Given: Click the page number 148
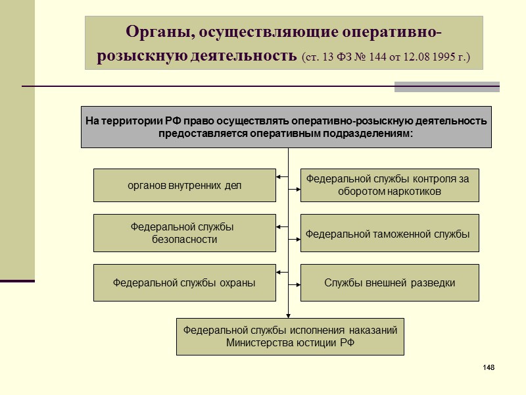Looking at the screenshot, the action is pyautogui.click(x=488, y=366).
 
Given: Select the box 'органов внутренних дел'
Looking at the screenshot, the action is pyautogui.click(x=185, y=185).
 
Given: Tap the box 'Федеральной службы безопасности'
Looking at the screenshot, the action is pyautogui.click(x=185, y=233).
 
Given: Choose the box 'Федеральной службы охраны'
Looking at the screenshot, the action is pyautogui.click(x=185, y=282).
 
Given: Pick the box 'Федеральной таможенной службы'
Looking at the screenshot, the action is pyautogui.click(x=389, y=233).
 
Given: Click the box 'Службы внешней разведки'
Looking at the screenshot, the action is pyautogui.click(x=389, y=282).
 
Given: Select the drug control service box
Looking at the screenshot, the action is pyautogui.click(x=389, y=185).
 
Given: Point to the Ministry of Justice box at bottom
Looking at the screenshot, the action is pyautogui.click(x=290, y=336).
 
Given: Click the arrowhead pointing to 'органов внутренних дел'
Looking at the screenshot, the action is pyautogui.click(x=279, y=176).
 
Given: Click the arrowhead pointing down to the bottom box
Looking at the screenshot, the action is pyautogui.click(x=289, y=315).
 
